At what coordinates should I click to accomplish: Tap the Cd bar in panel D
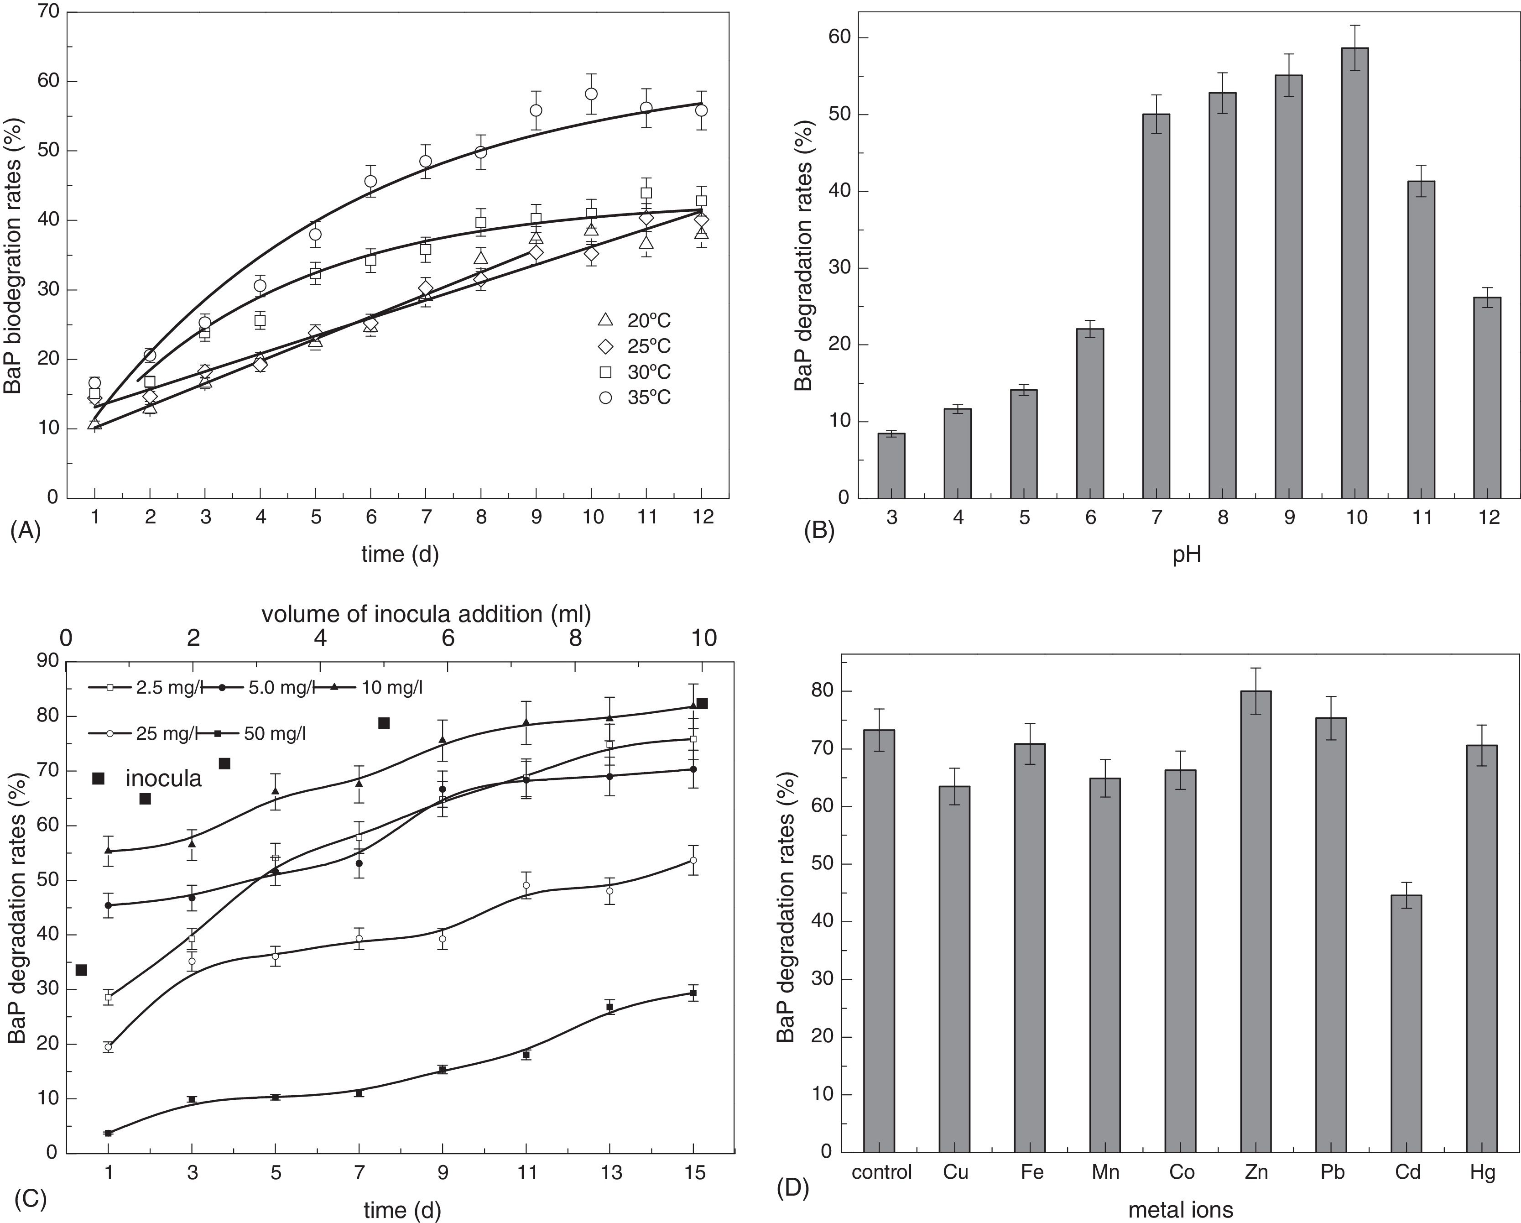[1406, 1023]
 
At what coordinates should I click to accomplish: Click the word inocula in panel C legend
[164, 779]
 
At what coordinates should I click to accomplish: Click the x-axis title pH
[1187, 555]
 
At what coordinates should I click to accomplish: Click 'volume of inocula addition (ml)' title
[426, 614]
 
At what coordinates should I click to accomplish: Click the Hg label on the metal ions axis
[1482, 1172]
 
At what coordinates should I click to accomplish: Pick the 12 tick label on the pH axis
[1489, 517]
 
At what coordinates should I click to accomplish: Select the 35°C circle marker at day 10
[591, 94]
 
